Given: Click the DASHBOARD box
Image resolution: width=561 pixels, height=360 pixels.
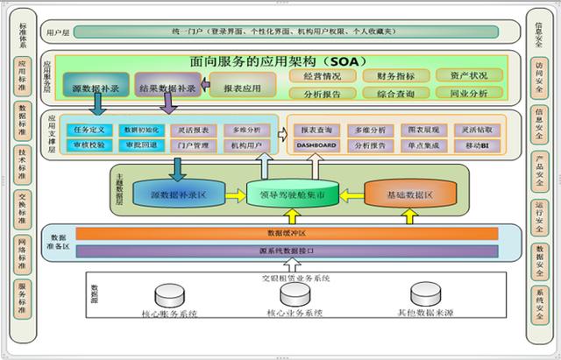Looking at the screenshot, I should pos(316,145).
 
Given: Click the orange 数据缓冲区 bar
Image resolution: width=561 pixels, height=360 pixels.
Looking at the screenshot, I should pos(287,234).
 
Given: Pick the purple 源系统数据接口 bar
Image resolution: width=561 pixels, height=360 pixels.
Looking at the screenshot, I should pos(287,251).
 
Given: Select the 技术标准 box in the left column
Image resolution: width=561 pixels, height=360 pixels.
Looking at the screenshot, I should pos(21,163).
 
